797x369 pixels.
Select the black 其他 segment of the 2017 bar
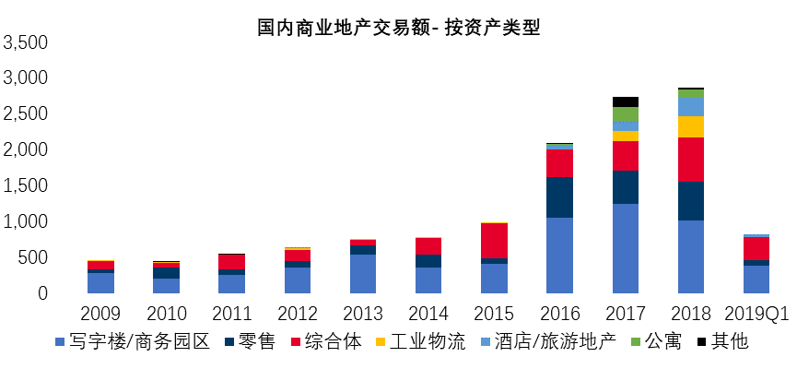click(626, 101)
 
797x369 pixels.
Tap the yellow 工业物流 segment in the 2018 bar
click(691, 126)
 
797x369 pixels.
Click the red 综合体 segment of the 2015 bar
click(494, 240)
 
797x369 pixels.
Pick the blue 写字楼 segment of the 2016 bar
click(559, 255)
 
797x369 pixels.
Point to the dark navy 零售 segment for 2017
click(626, 187)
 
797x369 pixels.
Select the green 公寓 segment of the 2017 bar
click(626, 114)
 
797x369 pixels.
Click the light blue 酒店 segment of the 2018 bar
click(691, 106)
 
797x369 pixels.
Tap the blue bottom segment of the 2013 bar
click(363, 273)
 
